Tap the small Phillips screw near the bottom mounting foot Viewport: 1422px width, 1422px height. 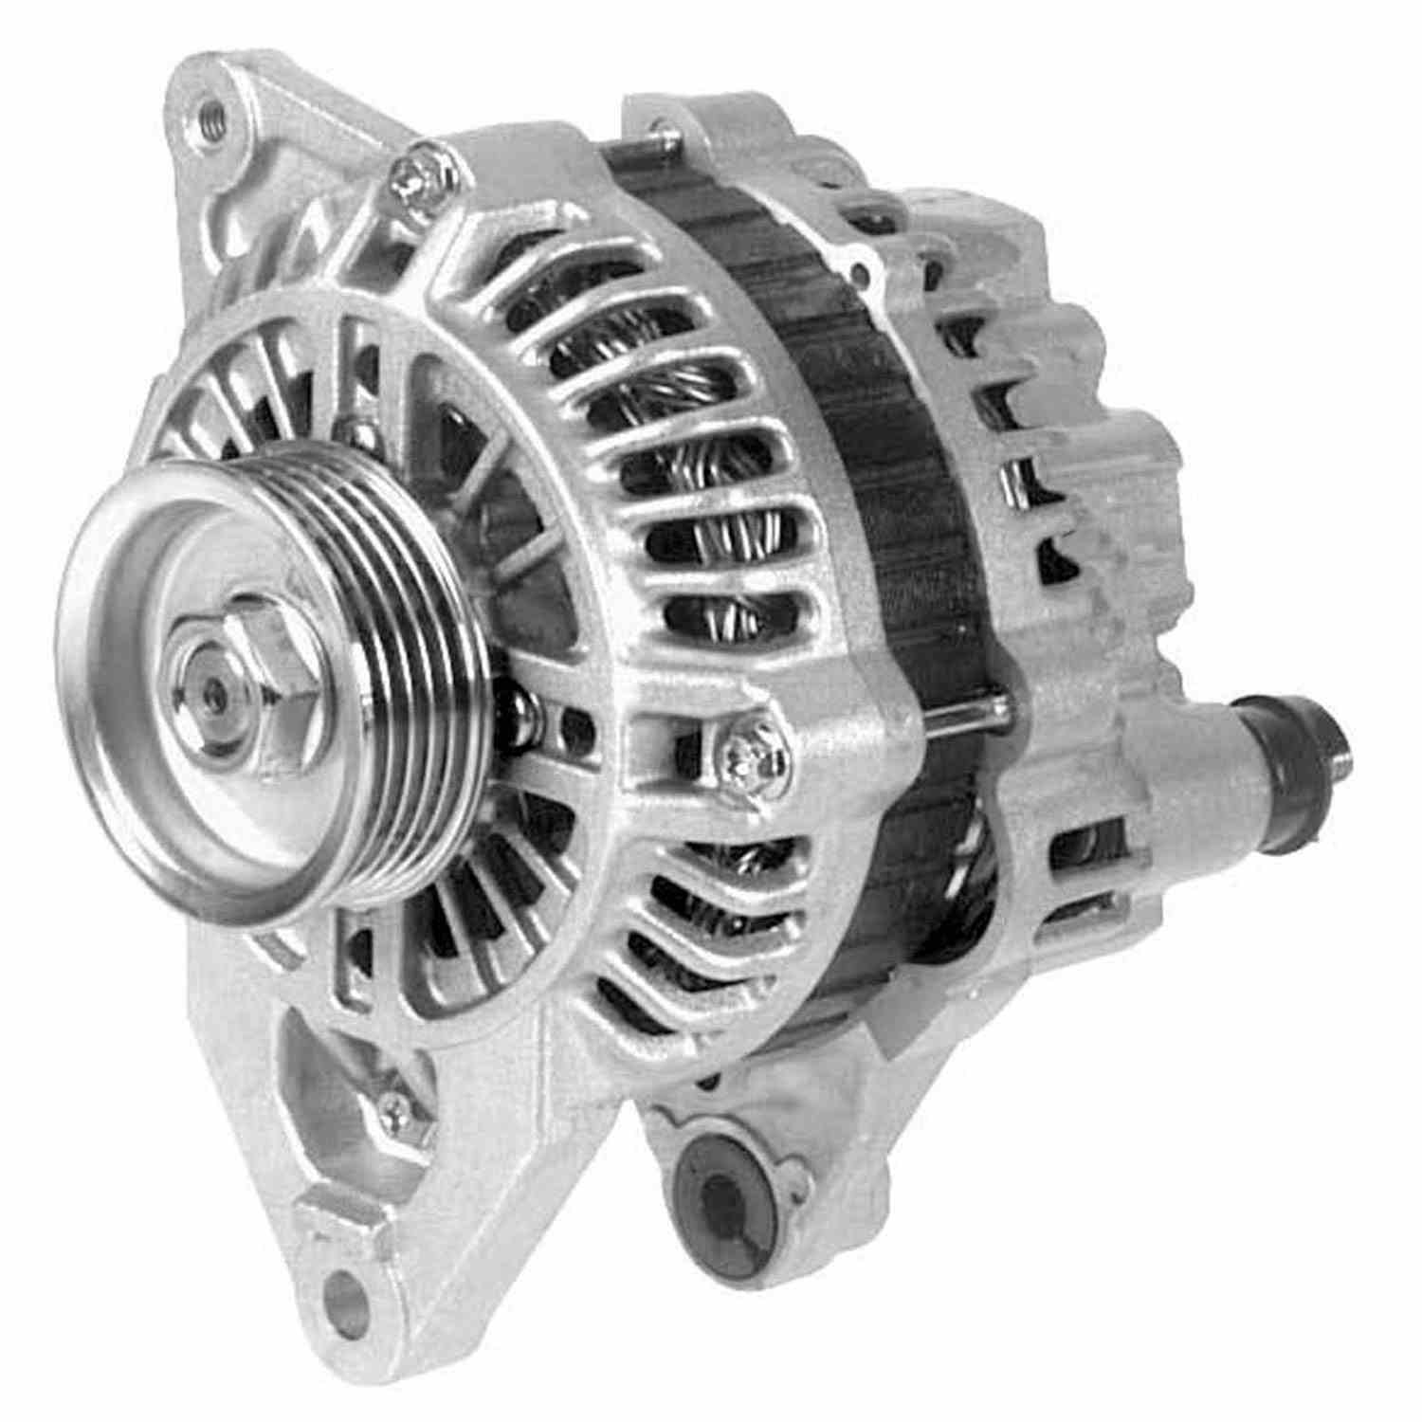(x=391, y=1105)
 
